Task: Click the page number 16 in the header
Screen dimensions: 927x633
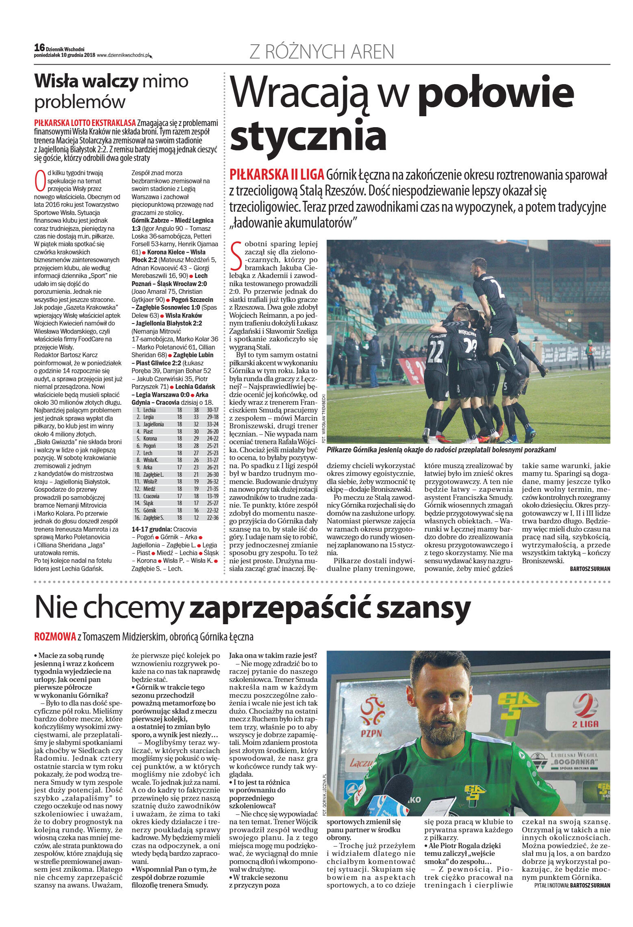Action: point(39,48)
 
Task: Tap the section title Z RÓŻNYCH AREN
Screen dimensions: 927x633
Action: point(321,52)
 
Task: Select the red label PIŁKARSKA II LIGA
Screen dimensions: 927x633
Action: point(277,175)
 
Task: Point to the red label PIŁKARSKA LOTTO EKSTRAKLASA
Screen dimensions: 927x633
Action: point(85,123)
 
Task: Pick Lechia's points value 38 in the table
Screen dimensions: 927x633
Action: point(196,410)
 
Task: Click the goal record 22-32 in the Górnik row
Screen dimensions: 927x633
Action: point(212,510)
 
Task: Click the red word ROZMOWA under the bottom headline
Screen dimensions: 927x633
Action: point(55,636)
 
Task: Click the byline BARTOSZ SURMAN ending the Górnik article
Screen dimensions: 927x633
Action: point(590,569)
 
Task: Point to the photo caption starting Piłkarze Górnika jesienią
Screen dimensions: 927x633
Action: point(441,450)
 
